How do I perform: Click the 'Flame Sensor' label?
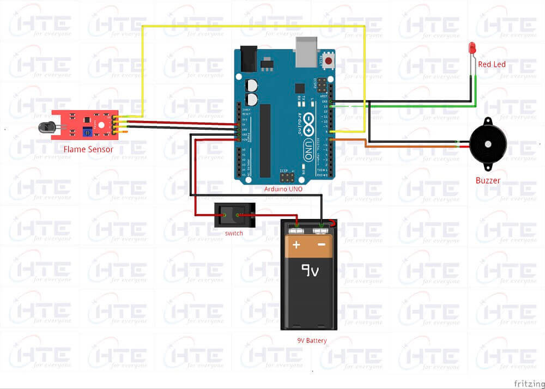88,149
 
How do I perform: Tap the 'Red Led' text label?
492,64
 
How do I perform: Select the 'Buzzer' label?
488,180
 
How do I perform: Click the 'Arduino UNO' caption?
283,189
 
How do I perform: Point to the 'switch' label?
234,233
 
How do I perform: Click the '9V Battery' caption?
308,341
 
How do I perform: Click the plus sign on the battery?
296,245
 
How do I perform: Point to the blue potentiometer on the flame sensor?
87,131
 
